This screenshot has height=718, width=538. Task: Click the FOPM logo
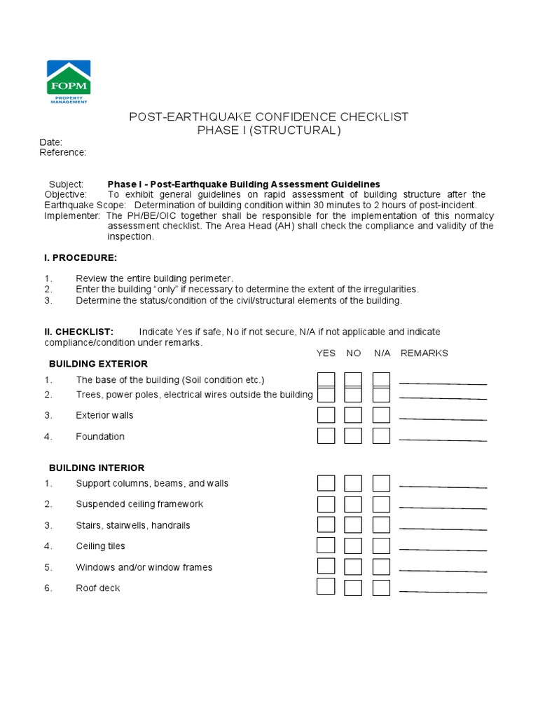click(x=68, y=81)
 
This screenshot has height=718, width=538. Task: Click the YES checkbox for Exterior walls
click(x=326, y=415)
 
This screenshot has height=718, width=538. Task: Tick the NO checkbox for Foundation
click(x=353, y=436)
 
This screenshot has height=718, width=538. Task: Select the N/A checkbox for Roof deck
click(x=381, y=588)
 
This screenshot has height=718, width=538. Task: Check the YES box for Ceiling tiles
click(x=326, y=546)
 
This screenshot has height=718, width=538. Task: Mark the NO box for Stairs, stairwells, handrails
click(x=353, y=525)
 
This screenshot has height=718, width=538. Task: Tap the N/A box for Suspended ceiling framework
click(x=381, y=504)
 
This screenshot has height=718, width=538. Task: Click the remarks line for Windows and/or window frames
click(x=443, y=571)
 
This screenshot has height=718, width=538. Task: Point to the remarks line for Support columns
click(x=443, y=487)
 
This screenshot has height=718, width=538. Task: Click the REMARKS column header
click(x=424, y=353)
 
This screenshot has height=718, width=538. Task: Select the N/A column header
click(x=382, y=353)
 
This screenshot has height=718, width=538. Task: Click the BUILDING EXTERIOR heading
click(x=98, y=364)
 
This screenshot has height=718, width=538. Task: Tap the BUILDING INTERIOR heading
click(x=97, y=468)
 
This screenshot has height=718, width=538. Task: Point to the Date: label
click(x=50, y=142)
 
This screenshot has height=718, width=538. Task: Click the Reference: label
click(x=62, y=152)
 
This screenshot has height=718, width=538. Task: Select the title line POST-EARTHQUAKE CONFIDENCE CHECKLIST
click(x=269, y=117)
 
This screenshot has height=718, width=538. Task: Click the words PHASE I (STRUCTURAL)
click(x=269, y=131)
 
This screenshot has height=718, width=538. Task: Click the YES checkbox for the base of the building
click(x=326, y=380)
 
